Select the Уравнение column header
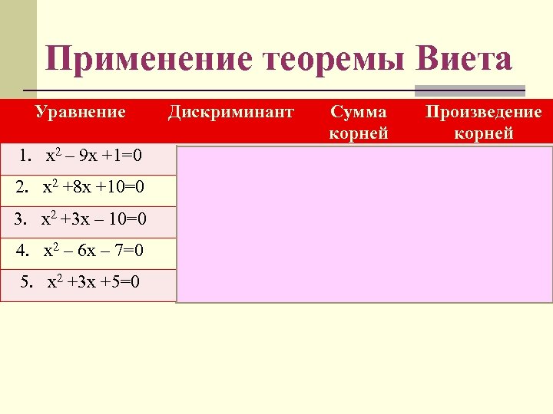(81, 113)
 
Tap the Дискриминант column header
(230, 113)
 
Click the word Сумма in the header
(359, 113)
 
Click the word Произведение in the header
(484, 113)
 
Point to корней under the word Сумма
(359, 133)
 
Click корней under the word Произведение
(484, 133)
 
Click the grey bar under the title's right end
(469, 90)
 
